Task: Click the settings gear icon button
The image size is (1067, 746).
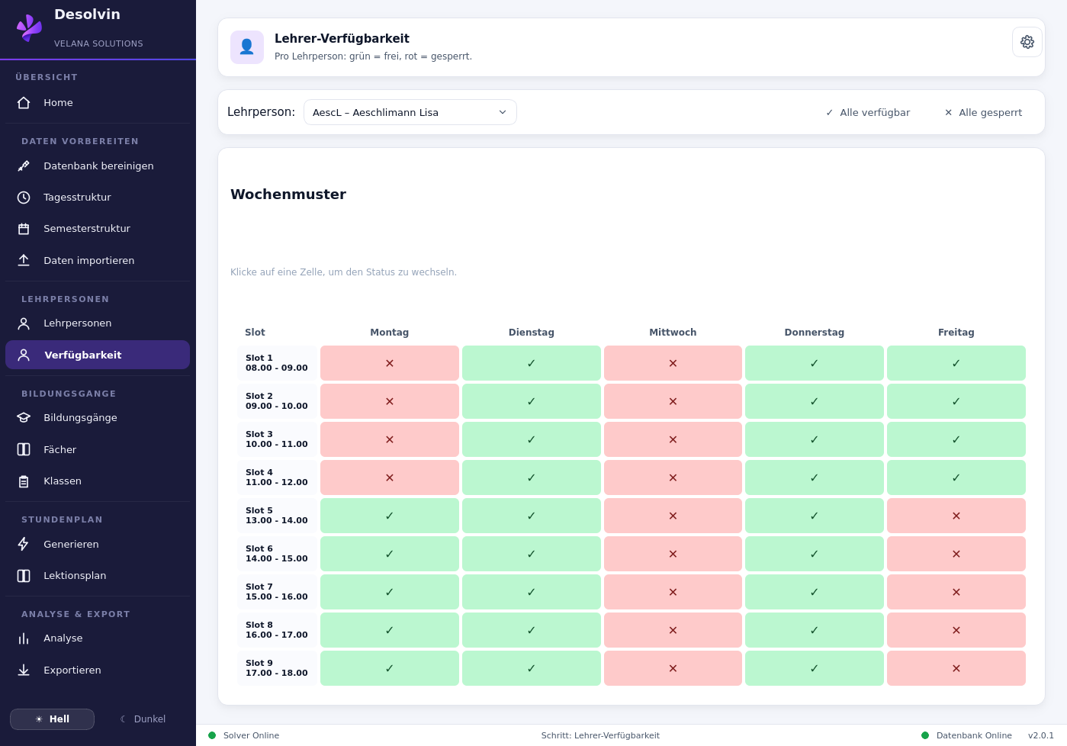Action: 1027,43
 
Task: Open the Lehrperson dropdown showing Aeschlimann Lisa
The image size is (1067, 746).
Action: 410,112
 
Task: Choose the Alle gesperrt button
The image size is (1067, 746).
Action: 983,112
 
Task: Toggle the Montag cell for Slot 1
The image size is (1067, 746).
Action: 390,363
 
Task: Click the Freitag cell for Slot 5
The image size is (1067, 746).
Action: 956,516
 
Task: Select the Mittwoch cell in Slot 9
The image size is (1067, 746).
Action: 673,668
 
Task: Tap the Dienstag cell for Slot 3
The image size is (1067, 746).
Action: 531,439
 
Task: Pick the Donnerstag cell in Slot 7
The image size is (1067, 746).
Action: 814,592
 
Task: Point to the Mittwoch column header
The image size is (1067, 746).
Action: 673,332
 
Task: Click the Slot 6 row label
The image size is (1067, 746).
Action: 277,554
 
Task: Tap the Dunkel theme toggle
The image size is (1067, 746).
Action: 143,719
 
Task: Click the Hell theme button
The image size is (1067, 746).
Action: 53,719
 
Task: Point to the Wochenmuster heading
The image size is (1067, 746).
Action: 288,195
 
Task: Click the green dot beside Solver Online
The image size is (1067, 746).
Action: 212,735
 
